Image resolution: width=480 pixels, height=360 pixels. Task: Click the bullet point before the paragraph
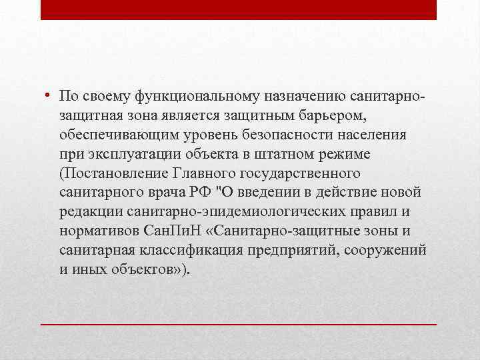(49, 97)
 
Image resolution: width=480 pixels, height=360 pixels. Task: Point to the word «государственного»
(307, 174)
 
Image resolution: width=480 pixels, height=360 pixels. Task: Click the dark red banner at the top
(239, 9)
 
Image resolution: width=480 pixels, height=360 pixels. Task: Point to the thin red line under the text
(239, 323)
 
